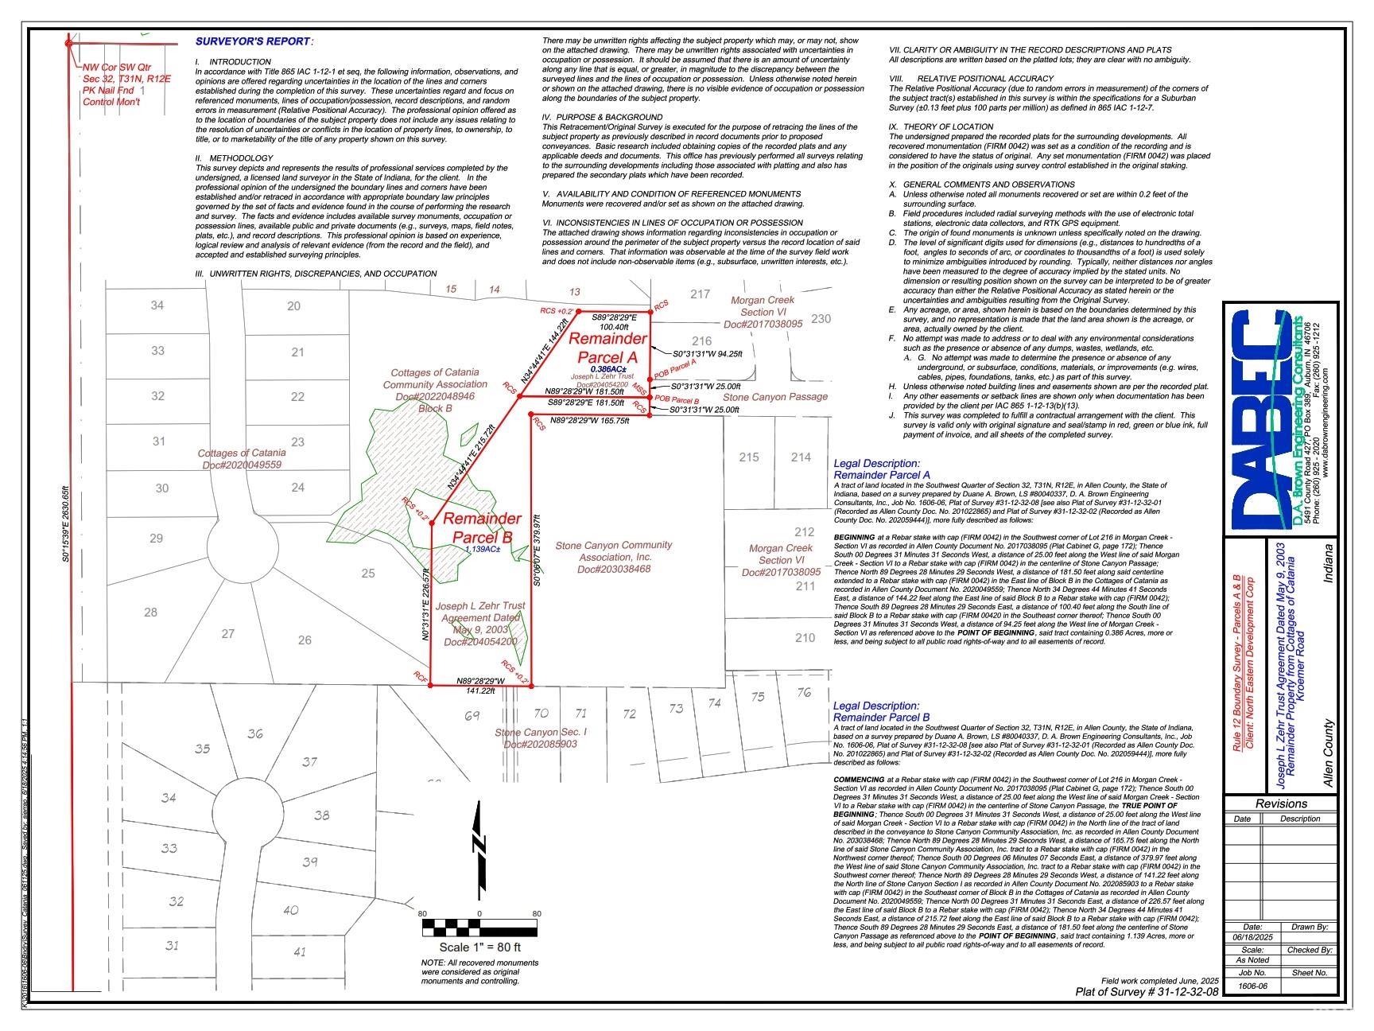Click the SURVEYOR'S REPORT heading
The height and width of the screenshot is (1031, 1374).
(x=254, y=41)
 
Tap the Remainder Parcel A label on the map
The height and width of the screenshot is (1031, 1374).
(x=607, y=348)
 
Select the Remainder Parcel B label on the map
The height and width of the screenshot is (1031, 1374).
(x=482, y=527)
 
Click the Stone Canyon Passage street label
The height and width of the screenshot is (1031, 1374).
(x=774, y=396)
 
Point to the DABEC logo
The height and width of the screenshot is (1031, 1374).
(x=1264, y=422)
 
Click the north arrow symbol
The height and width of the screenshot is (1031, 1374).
(x=479, y=852)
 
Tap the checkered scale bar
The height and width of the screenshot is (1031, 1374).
(x=479, y=928)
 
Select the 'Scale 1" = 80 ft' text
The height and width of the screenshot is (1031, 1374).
(x=479, y=947)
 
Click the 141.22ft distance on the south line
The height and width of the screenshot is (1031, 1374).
(x=480, y=691)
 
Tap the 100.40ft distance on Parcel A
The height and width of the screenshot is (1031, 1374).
(x=614, y=326)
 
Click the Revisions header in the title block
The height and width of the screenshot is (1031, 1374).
(x=1281, y=803)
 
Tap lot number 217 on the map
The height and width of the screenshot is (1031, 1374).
(x=700, y=294)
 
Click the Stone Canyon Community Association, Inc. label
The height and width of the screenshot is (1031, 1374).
(x=613, y=557)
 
